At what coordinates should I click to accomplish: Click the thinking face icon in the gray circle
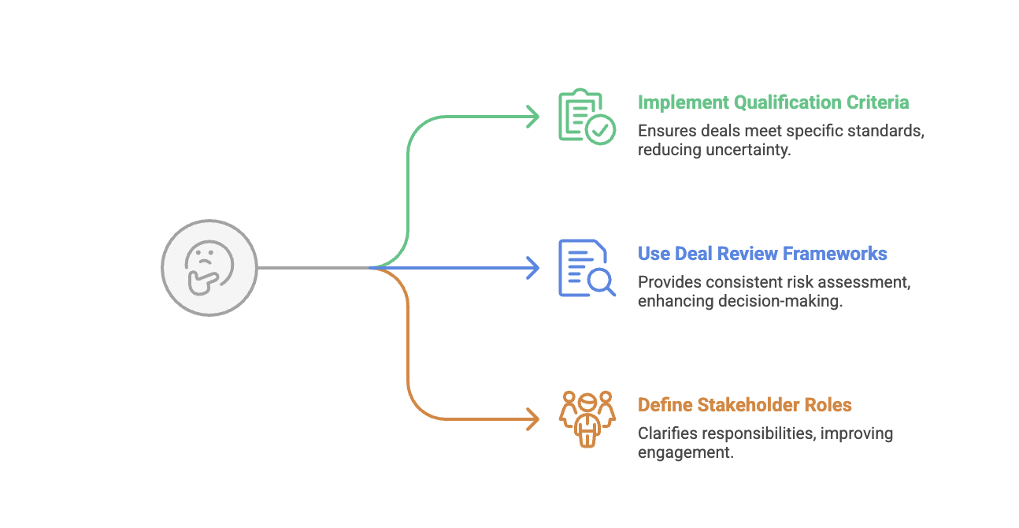click(209, 268)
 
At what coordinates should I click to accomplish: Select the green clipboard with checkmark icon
click(585, 117)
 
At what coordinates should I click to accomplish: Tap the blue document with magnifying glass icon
click(585, 268)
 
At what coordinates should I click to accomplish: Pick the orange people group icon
click(586, 418)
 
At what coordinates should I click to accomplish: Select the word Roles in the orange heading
click(827, 405)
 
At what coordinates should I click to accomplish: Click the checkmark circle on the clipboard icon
click(602, 130)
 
